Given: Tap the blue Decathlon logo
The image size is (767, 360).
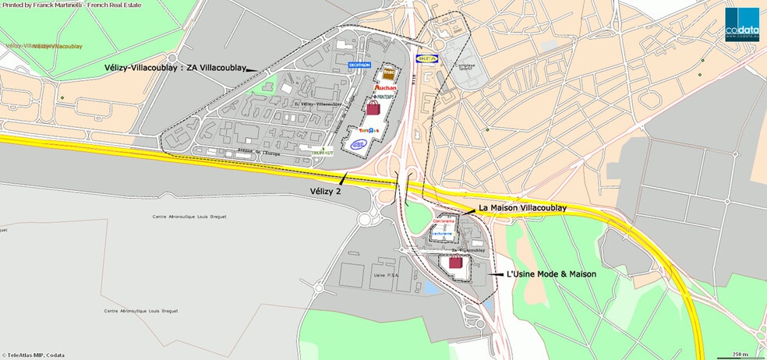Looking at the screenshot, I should pyautogui.click(x=359, y=65).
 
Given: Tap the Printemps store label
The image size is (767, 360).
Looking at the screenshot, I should pyautogui.click(x=383, y=97).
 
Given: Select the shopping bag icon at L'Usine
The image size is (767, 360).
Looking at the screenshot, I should pyautogui.click(x=454, y=263).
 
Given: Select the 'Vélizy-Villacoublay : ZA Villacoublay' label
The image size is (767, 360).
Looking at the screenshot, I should pyautogui.click(x=173, y=68).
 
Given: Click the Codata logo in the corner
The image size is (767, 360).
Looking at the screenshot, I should pyautogui.click(x=741, y=21).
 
